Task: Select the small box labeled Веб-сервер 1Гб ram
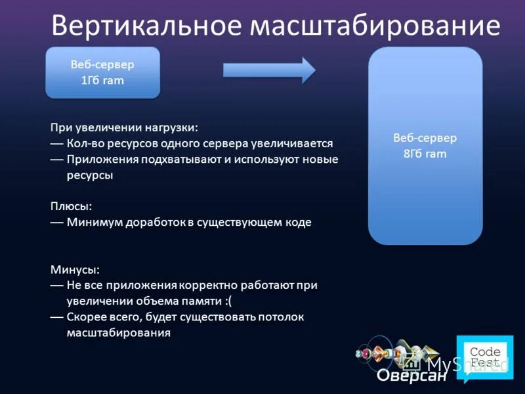(102, 72)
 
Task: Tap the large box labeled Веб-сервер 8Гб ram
(425, 146)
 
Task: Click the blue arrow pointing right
(269, 70)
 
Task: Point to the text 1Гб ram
(102, 81)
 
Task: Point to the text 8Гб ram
(425, 154)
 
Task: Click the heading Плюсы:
(71, 206)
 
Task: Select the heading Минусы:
(75, 269)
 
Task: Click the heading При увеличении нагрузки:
(123, 127)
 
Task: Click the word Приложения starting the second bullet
(99, 159)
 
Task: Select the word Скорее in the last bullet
(85, 317)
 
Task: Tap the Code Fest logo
(486, 357)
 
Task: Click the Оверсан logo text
(411, 376)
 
